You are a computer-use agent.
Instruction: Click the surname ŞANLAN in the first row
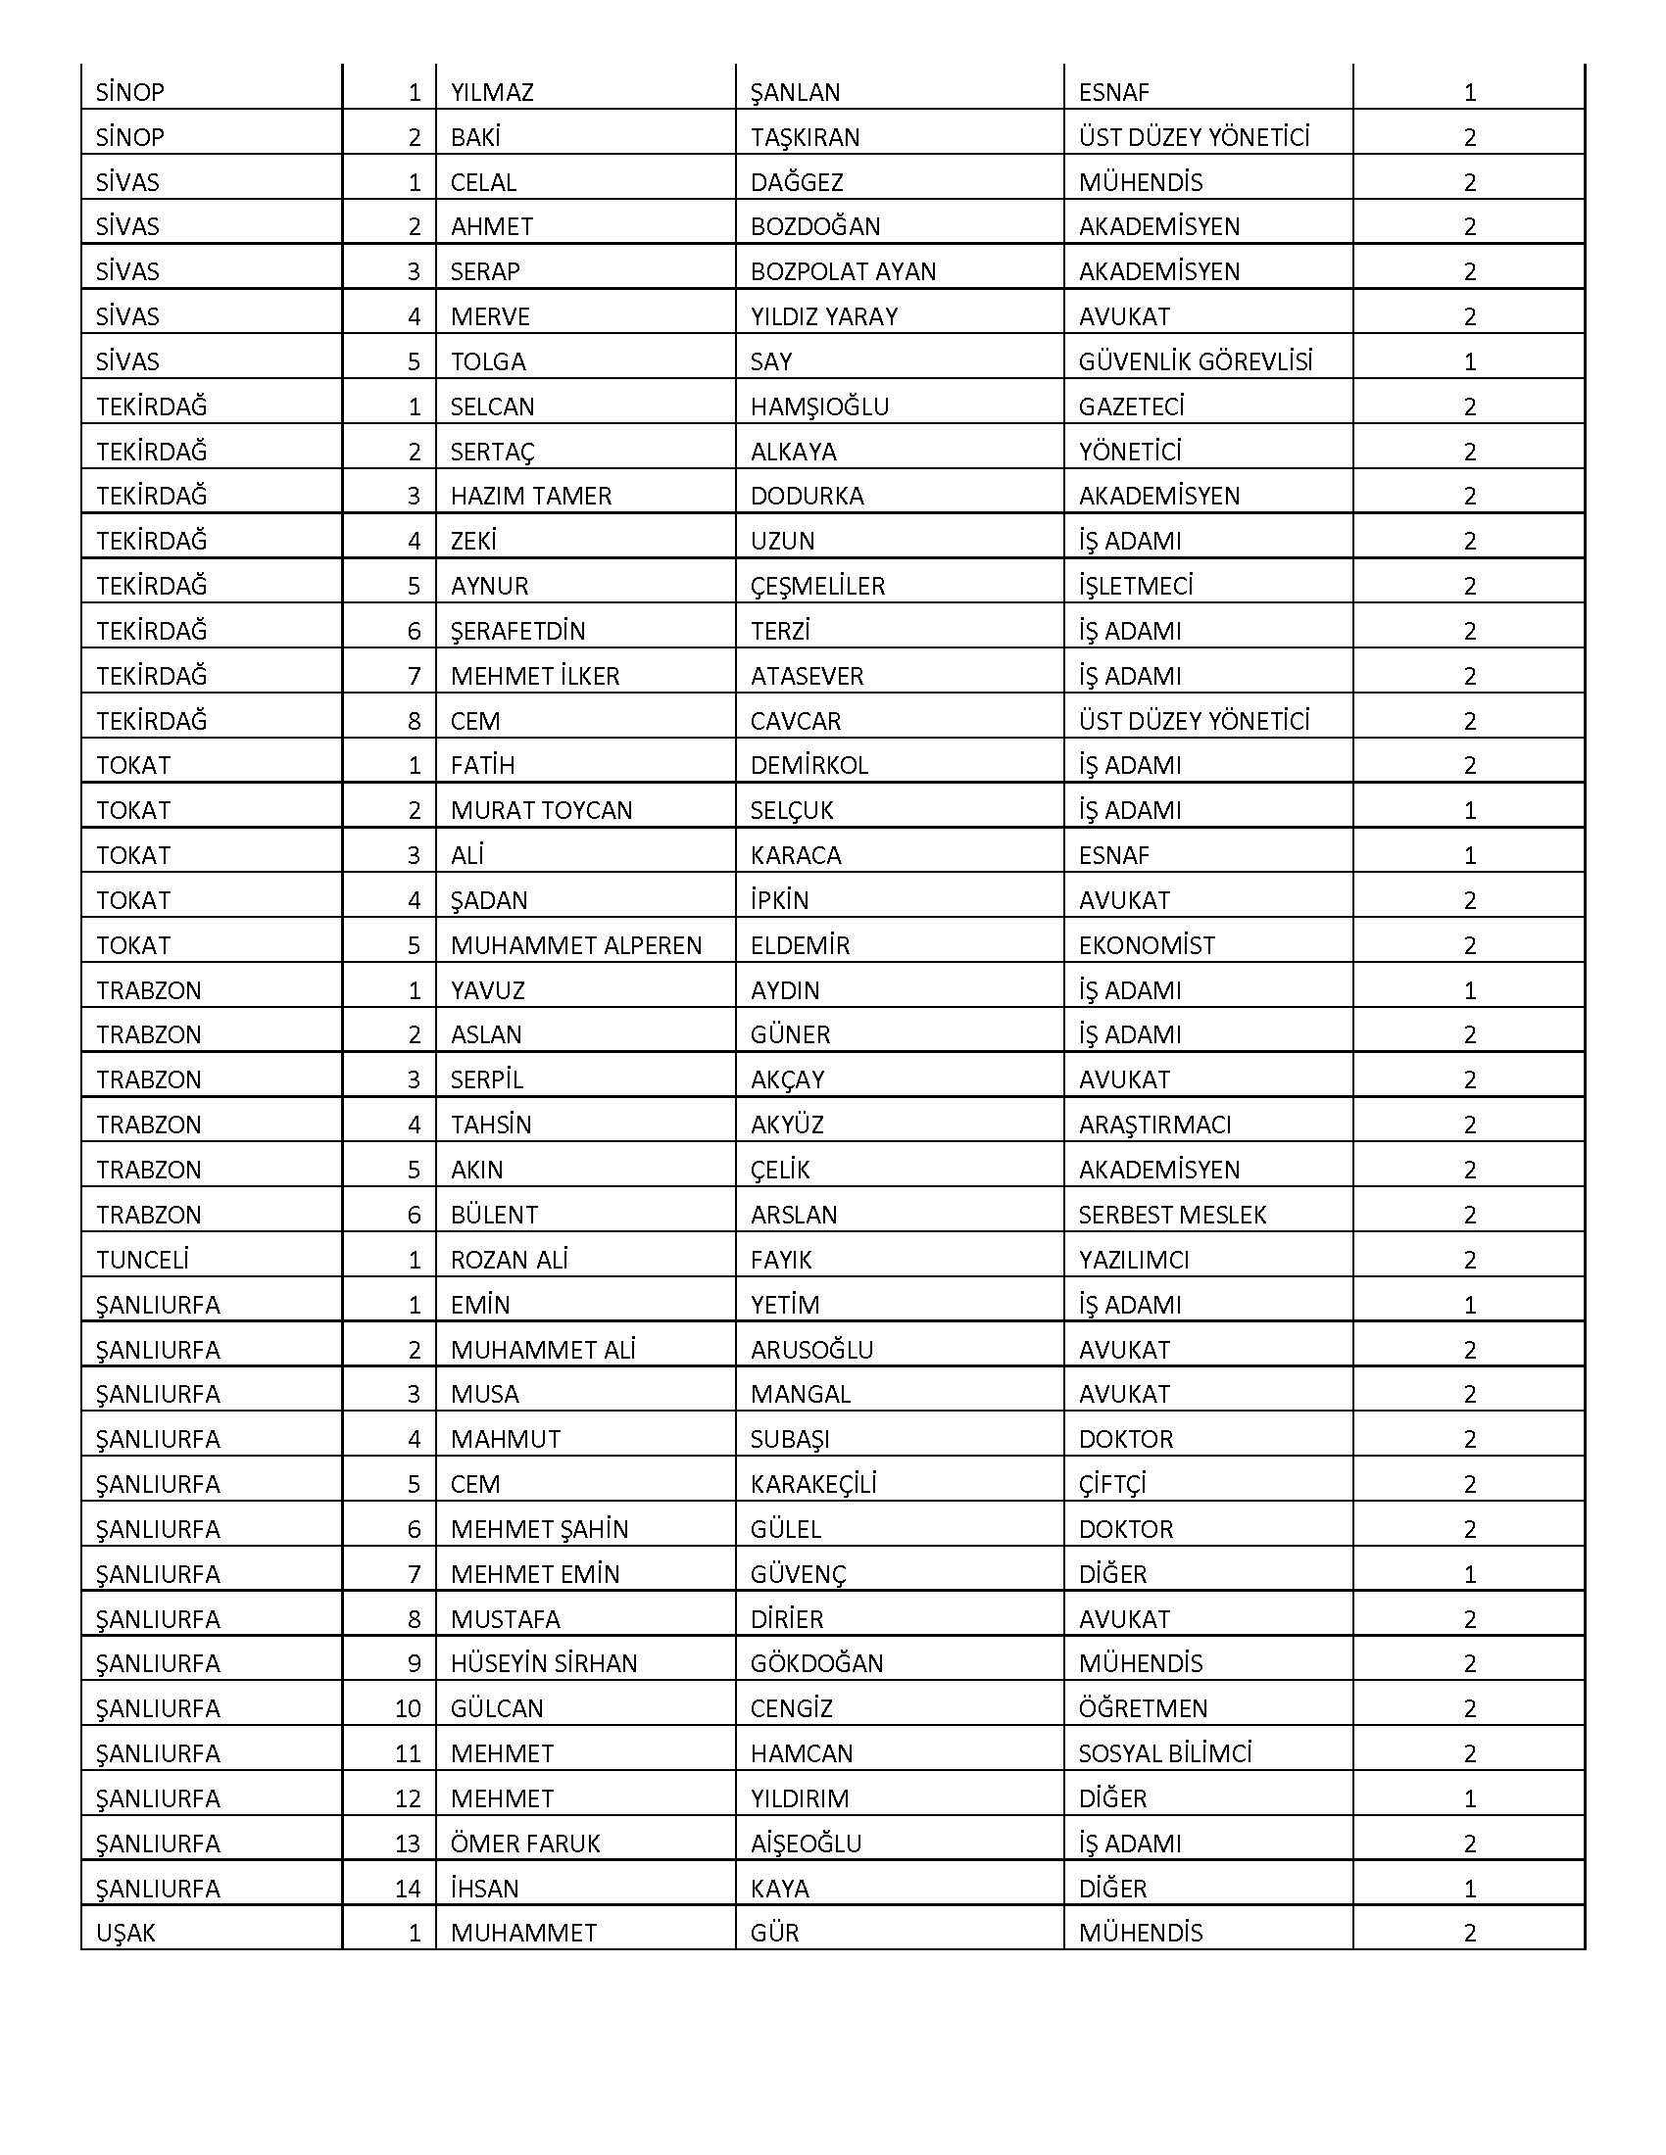click(795, 93)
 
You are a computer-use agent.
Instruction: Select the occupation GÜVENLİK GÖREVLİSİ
click(1196, 362)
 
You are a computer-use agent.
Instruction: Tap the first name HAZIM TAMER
click(531, 497)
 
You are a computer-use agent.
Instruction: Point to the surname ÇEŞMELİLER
click(817, 586)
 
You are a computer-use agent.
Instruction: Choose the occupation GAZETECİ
click(1131, 407)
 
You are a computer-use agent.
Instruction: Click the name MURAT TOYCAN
click(541, 811)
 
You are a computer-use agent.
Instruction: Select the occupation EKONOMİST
click(1146, 945)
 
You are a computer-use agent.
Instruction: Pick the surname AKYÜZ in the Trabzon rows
click(787, 1125)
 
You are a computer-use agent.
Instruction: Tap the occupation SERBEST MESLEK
click(1171, 1215)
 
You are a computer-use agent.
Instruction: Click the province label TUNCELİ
click(142, 1260)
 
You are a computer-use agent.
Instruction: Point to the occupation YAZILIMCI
click(1133, 1260)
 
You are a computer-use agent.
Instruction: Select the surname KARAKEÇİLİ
click(813, 1484)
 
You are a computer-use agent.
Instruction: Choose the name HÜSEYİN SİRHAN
click(544, 1663)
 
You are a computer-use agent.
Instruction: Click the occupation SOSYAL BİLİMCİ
click(1164, 1753)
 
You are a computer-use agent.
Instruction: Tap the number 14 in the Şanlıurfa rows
click(408, 1889)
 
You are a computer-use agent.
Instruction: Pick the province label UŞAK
click(125, 1933)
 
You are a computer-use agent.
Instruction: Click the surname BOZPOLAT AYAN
click(843, 271)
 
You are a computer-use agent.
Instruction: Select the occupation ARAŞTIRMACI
click(1153, 1125)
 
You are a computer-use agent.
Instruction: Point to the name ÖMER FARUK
click(525, 1844)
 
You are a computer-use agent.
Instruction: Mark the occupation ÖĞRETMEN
click(1142, 1708)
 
